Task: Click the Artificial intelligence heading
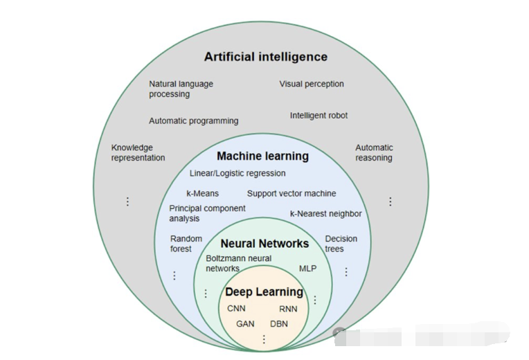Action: [x=265, y=57]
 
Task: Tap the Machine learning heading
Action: [x=262, y=156]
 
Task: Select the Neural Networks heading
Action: [x=264, y=244]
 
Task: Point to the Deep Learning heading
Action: [x=264, y=292]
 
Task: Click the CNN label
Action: [x=236, y=309]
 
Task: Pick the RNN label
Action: [x=288, y=309]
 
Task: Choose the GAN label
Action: [x=245, y=323]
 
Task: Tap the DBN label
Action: [x=279, y=323]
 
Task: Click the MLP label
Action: [x=307, y=268]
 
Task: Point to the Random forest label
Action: [x=186, y=244]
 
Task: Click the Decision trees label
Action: [x=341, y=244]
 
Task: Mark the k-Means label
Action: [x=202, y=194]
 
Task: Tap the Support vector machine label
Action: [x=292, y=194]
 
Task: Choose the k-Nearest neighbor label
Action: [x=325, y=214]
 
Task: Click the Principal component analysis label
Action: [x=207, y=213]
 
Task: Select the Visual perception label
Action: [x=312, y=84]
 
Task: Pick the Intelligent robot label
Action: [x=319, y=116]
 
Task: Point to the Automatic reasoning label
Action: [x=374, y=152]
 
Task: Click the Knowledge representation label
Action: [x=138, y=152]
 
